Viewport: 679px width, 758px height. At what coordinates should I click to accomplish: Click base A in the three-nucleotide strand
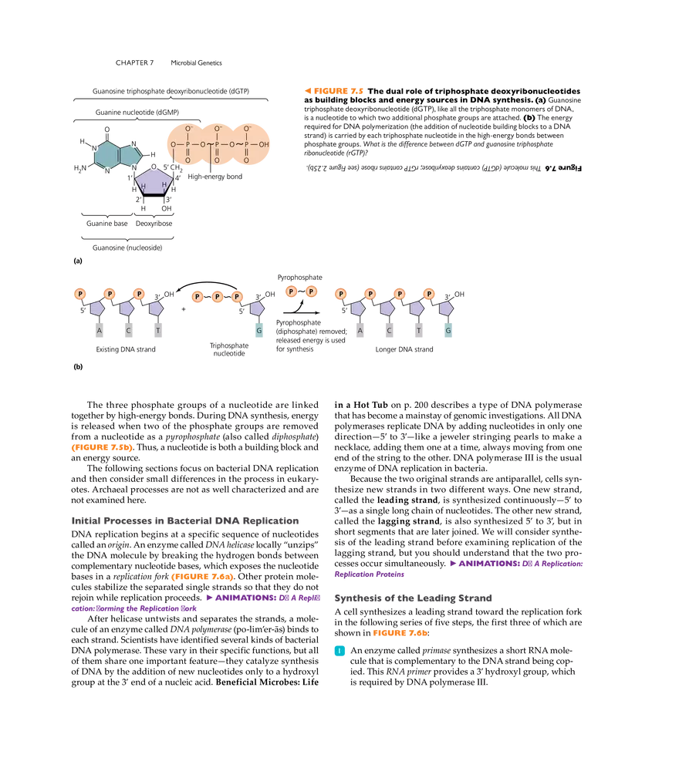point(99,330)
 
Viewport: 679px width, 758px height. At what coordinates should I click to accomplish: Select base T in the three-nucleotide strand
point(157,330)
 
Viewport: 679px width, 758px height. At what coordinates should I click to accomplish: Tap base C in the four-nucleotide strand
point(389,330)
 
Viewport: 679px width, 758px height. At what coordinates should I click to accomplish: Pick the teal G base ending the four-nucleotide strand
point(448,330)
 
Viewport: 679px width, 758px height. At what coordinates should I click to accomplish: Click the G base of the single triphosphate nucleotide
point(258,330)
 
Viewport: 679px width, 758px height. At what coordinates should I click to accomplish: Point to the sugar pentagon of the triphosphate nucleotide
point(257,308)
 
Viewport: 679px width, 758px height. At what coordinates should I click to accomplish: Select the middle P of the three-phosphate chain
point(218,297)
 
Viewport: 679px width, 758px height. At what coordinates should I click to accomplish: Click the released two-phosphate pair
point(302,291)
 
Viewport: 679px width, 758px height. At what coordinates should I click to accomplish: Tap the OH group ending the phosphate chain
point(264,144)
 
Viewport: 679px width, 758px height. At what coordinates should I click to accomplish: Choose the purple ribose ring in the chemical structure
point(154,182)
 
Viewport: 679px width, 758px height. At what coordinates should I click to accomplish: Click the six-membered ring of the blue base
point(106,155)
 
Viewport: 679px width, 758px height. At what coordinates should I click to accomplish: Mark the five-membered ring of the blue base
point(130,154)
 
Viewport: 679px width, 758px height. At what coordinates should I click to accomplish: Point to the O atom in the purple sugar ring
point(154,167)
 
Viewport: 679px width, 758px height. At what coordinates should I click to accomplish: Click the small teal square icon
point(338,651)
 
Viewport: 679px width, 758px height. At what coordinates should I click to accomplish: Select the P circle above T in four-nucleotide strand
point(400,294)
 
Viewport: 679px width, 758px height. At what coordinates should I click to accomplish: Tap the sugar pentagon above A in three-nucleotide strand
point(97,308)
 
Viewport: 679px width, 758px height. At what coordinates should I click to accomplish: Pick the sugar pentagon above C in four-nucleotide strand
point(387,308)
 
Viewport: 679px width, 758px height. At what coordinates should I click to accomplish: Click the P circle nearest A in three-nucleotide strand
point(80,294)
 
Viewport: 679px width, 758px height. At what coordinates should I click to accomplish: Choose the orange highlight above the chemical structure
point(333,91)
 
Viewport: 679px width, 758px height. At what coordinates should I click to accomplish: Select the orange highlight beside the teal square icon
point(400,634)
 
